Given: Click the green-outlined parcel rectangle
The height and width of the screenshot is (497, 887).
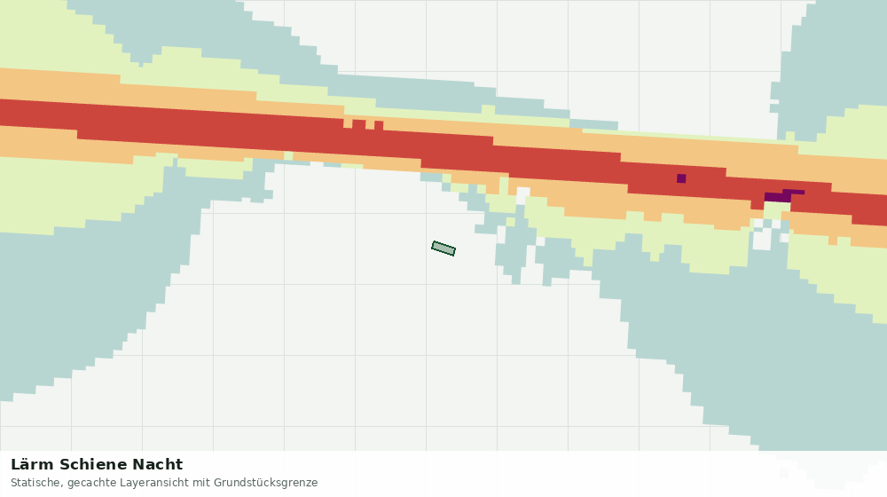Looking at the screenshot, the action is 443,248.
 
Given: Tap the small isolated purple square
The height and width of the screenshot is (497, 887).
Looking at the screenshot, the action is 681,179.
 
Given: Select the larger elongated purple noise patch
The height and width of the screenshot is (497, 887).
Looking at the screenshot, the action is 782,196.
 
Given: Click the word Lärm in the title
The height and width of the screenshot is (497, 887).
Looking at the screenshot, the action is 33,465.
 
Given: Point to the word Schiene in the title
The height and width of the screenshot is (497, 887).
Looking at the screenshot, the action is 93,465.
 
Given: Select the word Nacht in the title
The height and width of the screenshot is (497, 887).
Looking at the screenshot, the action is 158,465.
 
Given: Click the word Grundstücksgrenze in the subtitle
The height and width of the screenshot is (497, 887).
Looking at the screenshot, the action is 266,483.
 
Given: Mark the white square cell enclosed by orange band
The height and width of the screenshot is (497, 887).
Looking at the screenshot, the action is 522,193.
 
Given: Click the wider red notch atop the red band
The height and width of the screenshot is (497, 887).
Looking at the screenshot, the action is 358,124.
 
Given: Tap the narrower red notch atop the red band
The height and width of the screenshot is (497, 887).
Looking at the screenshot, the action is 379,125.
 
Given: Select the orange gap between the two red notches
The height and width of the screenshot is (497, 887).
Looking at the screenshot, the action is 370,124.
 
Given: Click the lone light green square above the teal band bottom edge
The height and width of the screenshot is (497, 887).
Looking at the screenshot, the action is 288,155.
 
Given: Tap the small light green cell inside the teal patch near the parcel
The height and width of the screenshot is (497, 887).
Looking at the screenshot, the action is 510,222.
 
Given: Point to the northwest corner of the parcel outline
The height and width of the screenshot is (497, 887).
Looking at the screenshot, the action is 434,241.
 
